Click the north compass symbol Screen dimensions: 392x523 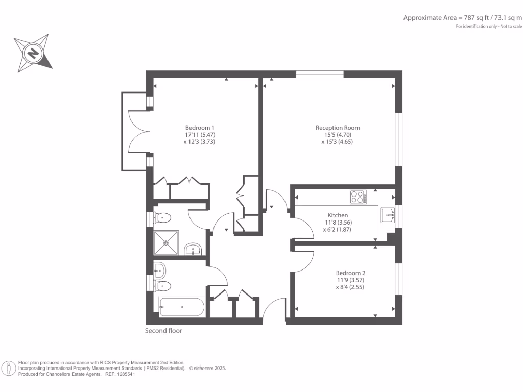(x=33, y=53)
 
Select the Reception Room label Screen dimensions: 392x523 (x=338, y=128)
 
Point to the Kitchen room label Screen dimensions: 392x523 (x=338, y=215)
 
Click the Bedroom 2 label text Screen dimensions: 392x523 (x=350, y=273)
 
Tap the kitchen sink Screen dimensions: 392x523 (x=387, y=215)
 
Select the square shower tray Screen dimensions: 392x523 (x=167, y=243)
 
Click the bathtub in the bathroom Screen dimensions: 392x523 (x=182, y=307)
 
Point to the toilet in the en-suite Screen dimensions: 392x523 (x=162, y=218)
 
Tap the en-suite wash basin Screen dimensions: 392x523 (x=194, y=249)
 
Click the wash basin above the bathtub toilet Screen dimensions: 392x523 (x=159, y=267)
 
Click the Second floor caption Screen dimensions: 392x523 (x=163, y=331)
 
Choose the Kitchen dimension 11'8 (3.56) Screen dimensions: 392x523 (x=338, y=223)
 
